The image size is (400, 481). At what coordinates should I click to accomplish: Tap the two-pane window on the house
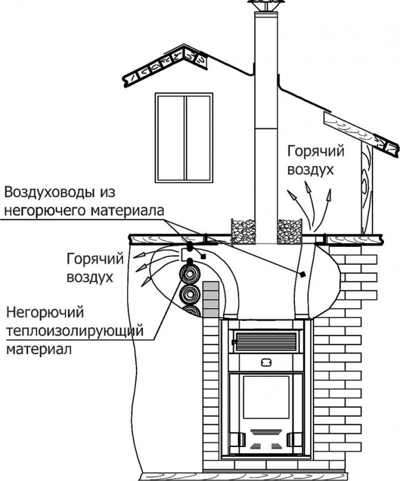tap(184, 138)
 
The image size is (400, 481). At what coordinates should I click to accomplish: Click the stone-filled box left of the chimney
tap(243, 231)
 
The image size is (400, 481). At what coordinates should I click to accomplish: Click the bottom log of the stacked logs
tap(190, 314)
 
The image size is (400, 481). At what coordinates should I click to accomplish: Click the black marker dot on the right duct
tap(303, 274)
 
